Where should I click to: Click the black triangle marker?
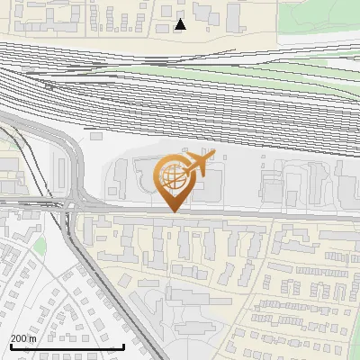pos(181,24)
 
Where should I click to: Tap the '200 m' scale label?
pos(23,338)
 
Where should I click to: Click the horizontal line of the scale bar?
pos(67,346)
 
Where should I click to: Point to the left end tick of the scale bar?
pos(10,344)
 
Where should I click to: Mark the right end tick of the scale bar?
pos(123,344)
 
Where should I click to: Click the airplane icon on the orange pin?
pos(198,163)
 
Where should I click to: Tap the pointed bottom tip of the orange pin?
pos(172,211)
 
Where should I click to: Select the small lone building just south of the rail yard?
pos(97,134)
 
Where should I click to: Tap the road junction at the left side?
pos(72,206)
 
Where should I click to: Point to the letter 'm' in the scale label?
pos(33,338)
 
